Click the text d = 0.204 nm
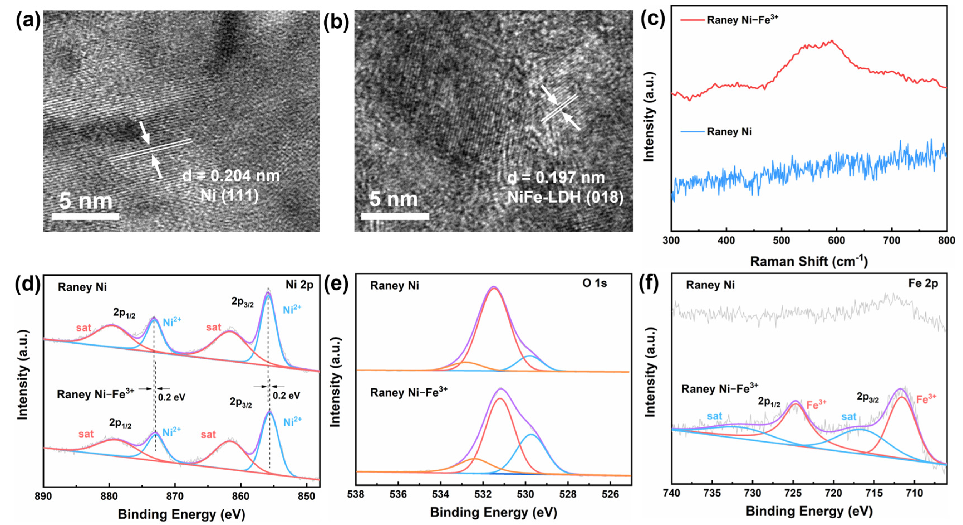(x=231, y=176)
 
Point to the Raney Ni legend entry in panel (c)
(x=729, y=132)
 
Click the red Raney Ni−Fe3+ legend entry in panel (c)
(x=742, y=20)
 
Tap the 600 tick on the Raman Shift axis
(x=836, y=240)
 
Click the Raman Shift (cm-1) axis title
(x=809, y=261)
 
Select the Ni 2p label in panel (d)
(x=299, y=285)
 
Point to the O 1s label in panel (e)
(x=594, y=283)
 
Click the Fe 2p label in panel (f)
(x=923, y=283)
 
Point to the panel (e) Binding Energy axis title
(x=493, y=512)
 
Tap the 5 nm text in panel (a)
(x=86, y=201)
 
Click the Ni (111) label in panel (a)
(x=229, y=195)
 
